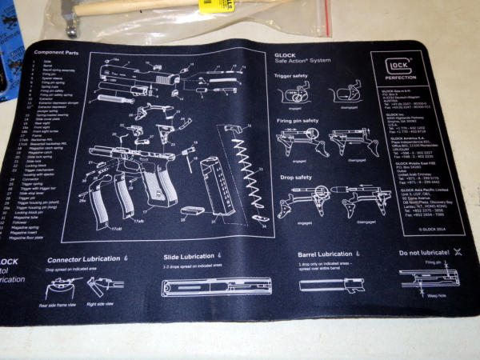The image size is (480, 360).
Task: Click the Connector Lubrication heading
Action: pos(84,260)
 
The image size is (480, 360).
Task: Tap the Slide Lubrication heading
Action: pos(187,256)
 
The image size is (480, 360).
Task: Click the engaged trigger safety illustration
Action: pos(293,93)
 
